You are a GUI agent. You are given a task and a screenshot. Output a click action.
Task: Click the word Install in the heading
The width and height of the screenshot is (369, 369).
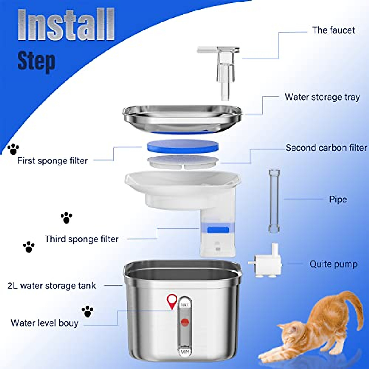click(x=66, y=25)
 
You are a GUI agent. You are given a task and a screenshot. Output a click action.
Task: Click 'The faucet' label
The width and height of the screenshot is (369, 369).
click(x=333, y=30)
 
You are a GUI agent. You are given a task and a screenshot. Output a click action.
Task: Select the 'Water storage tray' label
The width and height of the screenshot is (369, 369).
click(x=322, y=97)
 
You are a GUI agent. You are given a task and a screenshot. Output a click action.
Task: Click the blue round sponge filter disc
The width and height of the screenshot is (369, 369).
click(x=183, y=146)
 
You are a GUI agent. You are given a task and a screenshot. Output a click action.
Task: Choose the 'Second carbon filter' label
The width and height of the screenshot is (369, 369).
click(x=326, y=148)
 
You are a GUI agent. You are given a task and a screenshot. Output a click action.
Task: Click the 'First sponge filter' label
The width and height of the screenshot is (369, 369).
click(x=52, y=161)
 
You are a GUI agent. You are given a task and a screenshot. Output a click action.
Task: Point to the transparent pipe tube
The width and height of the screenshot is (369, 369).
click(x=274, y=200)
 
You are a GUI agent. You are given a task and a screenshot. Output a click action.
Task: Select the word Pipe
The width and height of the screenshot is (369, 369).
click(x=338, y=199)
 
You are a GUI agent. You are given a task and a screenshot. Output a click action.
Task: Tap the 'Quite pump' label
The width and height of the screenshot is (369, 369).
click(x=333, y=264)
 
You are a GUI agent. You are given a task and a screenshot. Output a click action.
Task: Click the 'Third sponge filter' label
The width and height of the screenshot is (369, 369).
click(x=81, y=239)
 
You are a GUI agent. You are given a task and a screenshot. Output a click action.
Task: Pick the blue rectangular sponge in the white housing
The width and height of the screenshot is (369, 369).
click(x=218, y=230)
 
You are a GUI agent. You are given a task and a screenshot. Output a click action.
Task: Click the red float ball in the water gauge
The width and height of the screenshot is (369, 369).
click(x=185, y=322)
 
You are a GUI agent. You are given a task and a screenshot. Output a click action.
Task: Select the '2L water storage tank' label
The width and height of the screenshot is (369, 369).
click(x=52, y=286)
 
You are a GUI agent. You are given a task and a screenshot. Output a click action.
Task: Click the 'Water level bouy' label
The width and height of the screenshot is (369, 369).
click(x=45, y=323)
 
